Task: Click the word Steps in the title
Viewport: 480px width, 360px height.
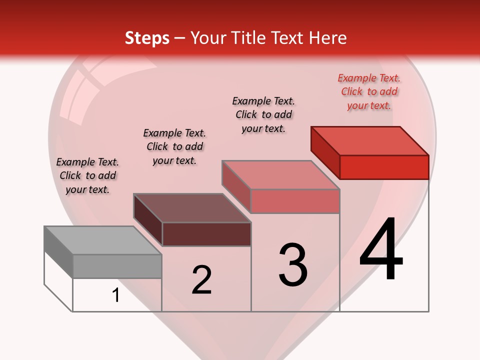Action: coord(147,38)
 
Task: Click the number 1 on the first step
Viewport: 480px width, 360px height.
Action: coord(116,295)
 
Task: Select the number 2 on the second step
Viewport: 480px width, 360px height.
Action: coord(201,280)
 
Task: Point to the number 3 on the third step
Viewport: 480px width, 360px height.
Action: coord(293,264)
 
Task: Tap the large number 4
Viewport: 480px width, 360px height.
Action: coord(381,250)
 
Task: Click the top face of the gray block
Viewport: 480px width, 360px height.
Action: coord(102,240)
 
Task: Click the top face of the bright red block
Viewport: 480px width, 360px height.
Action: coord(370,141)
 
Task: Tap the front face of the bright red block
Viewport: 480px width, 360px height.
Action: coord(384,167)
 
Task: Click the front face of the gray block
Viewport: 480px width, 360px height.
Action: coord(117,266)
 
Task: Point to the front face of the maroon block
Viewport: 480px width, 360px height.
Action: coord(206,234)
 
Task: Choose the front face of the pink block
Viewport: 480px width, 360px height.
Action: coord(295,201)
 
